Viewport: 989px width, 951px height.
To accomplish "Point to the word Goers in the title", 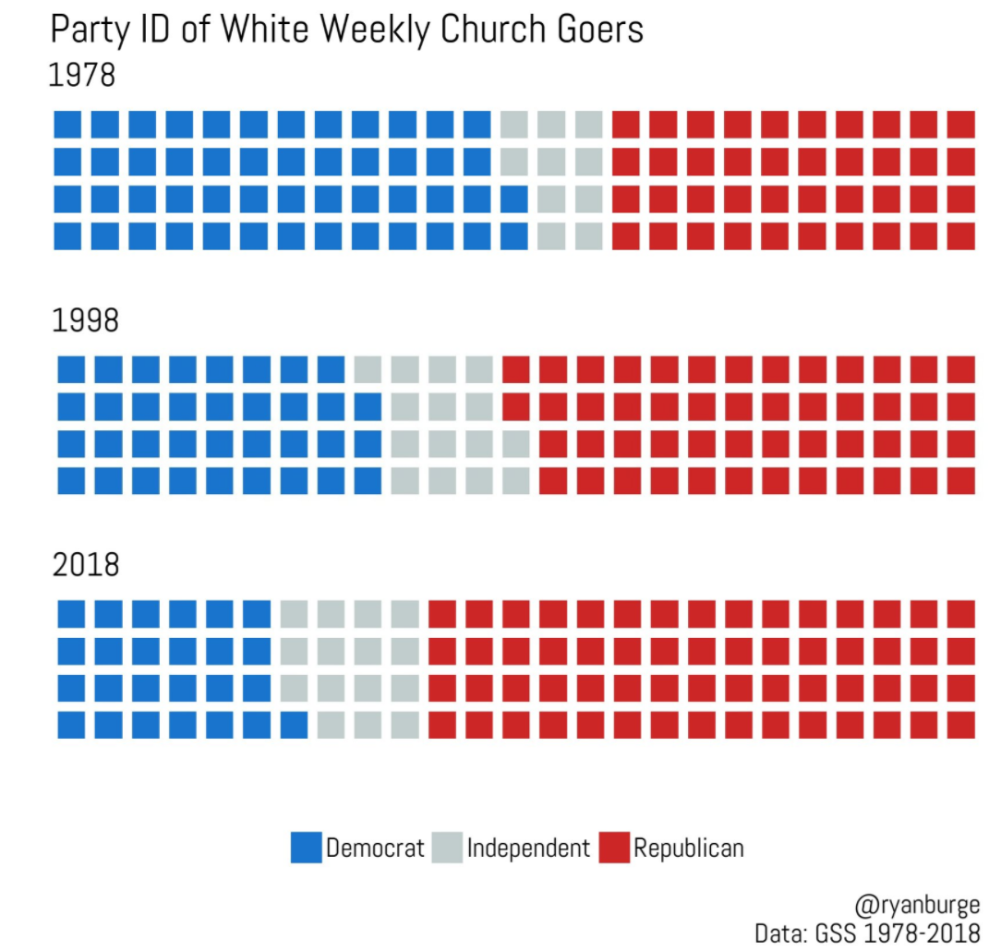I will click(601, 30).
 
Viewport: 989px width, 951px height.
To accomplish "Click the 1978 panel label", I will click(82, 75).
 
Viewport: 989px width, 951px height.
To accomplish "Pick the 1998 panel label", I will click(85, 321).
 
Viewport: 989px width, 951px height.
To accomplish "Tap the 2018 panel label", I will click(86, 565).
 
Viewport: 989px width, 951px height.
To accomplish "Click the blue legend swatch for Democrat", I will click(306, 848).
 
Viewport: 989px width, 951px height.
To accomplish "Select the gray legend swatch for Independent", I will click(448, 848).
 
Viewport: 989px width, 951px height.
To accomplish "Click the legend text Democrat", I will click(375, 848).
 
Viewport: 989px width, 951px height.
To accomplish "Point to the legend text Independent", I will click(528, 848).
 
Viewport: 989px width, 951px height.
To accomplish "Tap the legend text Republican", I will click(688, 848).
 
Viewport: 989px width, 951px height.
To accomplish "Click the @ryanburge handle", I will click(918, 903).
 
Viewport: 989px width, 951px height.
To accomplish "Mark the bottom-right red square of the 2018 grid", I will click(960, 724).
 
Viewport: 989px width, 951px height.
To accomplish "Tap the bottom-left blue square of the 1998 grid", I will click(71, 481).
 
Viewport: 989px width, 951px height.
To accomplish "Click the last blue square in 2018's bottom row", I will click(294, 724).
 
